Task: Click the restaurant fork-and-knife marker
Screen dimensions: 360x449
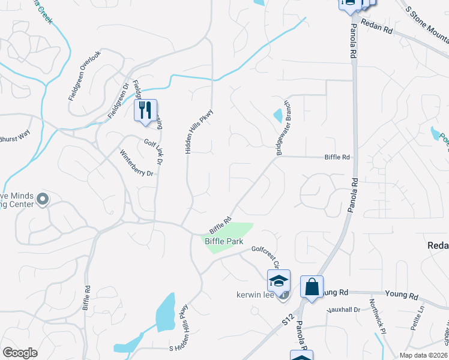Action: (145, 110)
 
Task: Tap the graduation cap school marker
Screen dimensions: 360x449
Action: (279, 280)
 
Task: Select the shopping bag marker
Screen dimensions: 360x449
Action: (312, 287)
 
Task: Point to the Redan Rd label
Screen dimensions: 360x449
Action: (376, 33)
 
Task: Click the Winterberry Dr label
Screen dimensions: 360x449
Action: (137, 163)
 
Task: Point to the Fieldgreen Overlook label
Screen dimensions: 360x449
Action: (85, 75)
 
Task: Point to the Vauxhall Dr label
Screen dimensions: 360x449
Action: (343, 310)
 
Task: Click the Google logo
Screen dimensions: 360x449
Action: (20, 353)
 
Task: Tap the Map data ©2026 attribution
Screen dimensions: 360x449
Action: (423, 355)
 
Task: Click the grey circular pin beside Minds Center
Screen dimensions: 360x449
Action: (42, 199)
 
